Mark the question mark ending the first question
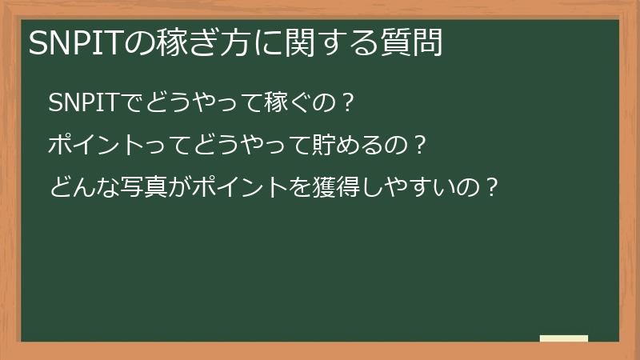pyautogui.click(x=346, y=103)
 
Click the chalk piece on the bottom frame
pyautogui.click(x=563, y=338)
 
